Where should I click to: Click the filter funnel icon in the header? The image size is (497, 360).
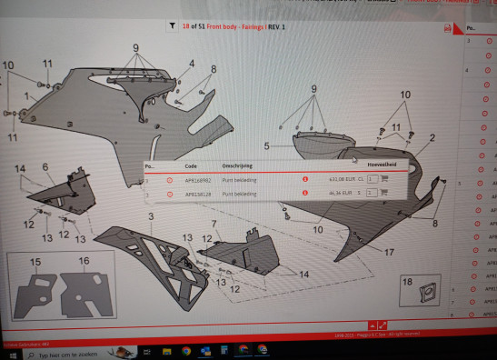172,27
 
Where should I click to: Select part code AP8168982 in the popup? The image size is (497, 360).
197,180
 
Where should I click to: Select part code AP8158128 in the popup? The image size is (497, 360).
197,194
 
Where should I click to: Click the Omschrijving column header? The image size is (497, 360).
237,167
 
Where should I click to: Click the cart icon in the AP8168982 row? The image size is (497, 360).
385,179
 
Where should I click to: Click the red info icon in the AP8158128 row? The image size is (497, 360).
304,194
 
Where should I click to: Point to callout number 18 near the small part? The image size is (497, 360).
407,283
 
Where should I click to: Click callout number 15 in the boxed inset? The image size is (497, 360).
35,262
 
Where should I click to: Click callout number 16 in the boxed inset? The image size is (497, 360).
84,261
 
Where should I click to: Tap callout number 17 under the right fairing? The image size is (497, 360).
389,252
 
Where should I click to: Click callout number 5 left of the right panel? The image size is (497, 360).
267,145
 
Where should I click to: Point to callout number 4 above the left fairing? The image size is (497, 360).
192,64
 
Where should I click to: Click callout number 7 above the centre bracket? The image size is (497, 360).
214,224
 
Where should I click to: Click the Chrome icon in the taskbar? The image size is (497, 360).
186,349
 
